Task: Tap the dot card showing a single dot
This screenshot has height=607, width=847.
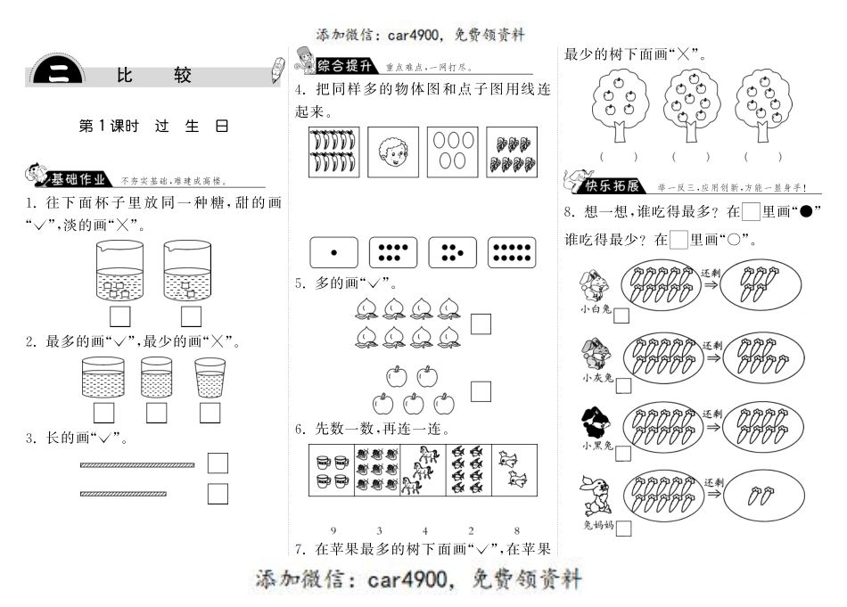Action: (333, 252)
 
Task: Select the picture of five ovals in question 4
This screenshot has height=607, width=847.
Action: (451, 152)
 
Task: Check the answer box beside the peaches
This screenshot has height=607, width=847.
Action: (481, 324)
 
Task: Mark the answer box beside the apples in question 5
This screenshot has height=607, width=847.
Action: (481, 390)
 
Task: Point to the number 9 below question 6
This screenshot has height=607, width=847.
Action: (333, 531)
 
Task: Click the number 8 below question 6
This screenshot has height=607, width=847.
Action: (516, 531)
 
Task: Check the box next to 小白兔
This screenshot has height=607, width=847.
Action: (621, 316)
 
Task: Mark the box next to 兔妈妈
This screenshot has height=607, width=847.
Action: (624, 529)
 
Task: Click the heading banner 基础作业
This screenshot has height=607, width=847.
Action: (78, 177)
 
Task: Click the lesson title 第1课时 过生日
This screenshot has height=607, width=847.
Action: (153, 126)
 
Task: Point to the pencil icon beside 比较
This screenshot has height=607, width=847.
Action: (276, 71)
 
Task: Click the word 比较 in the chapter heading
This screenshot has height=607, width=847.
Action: (153, 76)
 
